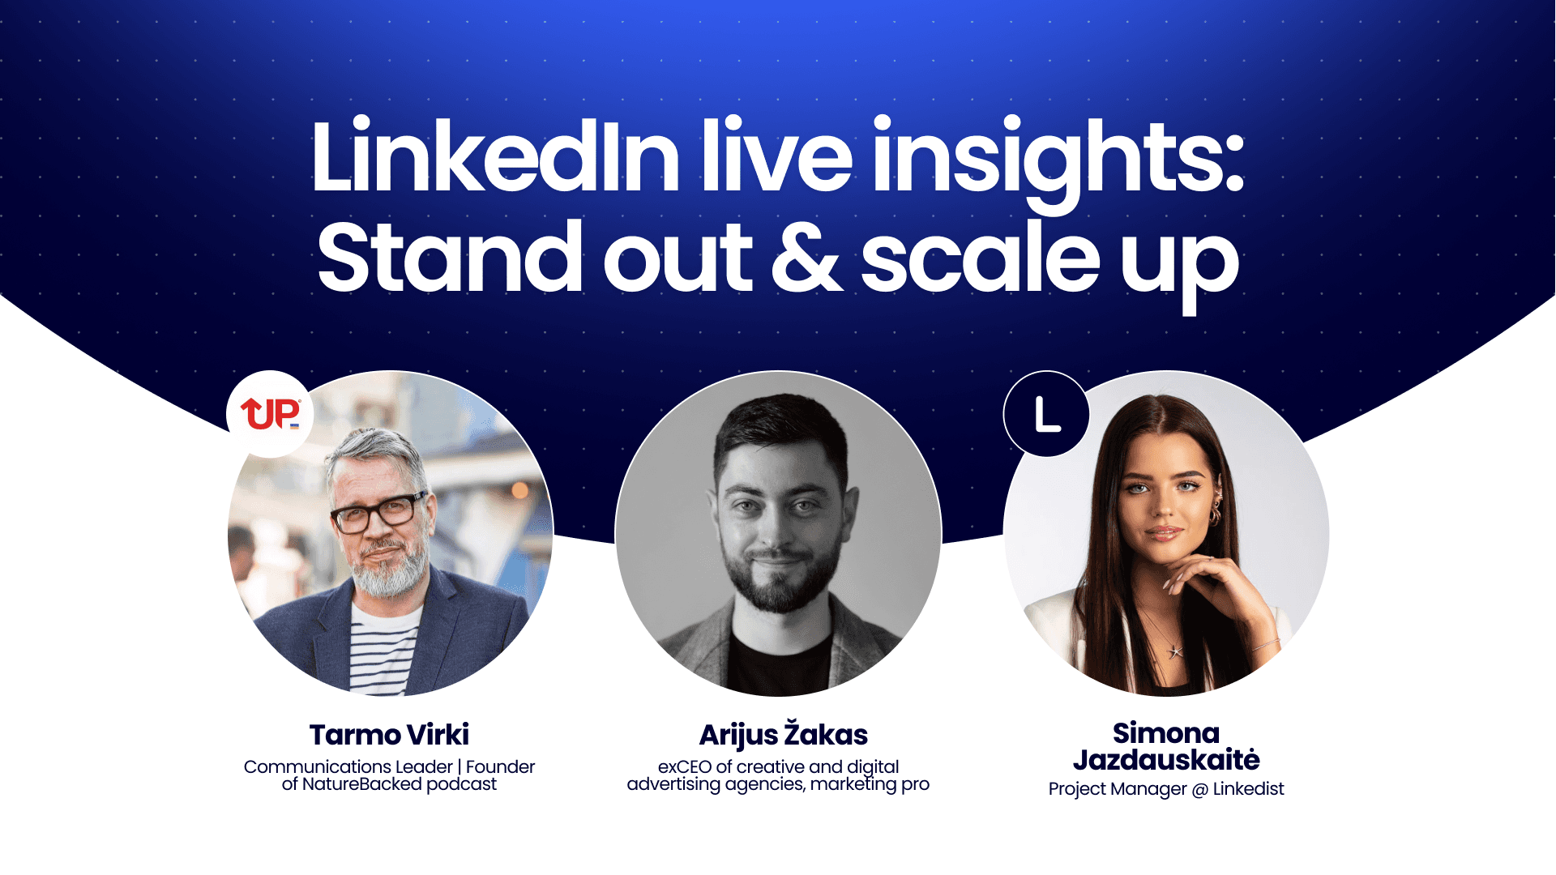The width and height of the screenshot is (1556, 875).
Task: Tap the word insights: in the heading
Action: click(1058, 158)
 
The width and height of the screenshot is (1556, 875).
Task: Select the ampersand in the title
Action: click(806, 258)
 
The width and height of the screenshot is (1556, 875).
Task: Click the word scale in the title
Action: click(981, 258)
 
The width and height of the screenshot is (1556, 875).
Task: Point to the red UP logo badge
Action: click(270, 413)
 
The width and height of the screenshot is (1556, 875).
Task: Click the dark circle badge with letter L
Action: click(1046, 415)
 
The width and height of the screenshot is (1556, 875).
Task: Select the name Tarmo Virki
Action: click(389, 735)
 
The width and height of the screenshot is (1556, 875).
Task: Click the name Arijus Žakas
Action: click(783, 735)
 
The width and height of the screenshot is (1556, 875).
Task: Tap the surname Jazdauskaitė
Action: click(1166, 760)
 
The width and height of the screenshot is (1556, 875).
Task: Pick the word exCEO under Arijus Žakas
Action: click(684, 766)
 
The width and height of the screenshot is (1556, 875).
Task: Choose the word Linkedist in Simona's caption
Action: click(1248, 789)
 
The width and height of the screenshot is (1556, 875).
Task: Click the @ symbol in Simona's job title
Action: click(1200, 790)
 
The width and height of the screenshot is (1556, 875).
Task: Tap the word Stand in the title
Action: click(450, 258)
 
